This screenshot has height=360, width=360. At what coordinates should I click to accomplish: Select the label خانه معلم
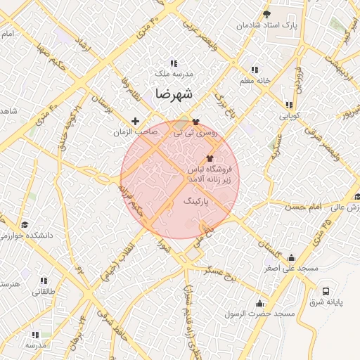(x=255, y=81)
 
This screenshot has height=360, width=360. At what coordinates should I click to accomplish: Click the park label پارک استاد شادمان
(x=267, y=25)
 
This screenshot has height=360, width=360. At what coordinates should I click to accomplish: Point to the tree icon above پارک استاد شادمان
(x=266, y=13)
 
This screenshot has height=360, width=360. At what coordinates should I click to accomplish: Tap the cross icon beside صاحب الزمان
(x=136, y=121)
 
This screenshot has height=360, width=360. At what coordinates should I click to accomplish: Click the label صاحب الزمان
(x=135, y=131)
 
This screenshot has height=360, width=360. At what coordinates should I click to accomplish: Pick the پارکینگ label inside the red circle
(x=196, y=202)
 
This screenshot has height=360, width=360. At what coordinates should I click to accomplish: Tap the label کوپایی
(x=290, y=115)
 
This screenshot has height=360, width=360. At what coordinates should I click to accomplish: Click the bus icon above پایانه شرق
(x=326, y=291)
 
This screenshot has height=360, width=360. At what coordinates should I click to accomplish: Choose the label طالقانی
(x=44, y=291)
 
